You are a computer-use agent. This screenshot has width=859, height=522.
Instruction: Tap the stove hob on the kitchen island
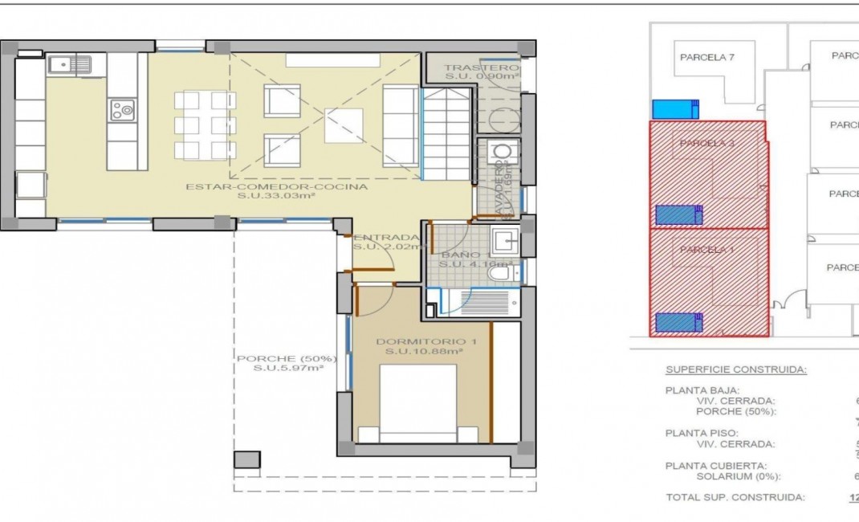click(122, 108)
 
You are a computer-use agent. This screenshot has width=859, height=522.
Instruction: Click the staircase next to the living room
click(446, 133)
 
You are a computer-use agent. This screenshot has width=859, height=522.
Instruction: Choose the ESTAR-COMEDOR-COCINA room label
click(276, 187)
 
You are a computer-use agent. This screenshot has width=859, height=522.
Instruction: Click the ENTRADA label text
click(386, 238)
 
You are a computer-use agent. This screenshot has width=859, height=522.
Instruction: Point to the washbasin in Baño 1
click(505, 240)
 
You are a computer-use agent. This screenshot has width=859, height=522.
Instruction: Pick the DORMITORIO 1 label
click(426, 342)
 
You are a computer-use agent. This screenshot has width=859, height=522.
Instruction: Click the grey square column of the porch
click(247, 460)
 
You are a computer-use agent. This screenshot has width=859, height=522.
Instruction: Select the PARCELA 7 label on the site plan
click(707, 57)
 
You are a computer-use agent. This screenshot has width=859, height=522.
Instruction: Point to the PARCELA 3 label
click(707, 143)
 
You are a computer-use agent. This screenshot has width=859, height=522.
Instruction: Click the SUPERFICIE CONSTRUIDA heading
click(736, 369)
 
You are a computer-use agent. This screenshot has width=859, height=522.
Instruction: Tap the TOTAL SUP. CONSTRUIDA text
click(735, 497)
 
